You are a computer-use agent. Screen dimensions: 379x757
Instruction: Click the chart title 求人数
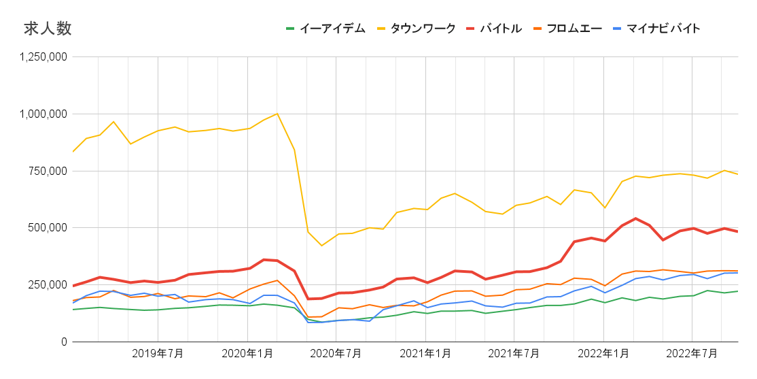pyautogui.click(x=48, y=29)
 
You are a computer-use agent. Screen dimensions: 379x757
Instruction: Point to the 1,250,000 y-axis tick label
pyautogui.click(x=43, y=57)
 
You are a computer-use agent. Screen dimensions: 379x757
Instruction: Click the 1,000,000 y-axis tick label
pyautogui.click(x=43, y=114)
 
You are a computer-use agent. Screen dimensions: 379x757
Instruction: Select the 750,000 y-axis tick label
pyautogui.click(x=48, y=171)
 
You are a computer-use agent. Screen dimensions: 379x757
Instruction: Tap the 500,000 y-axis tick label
pyautogui.click(x=48, y=227)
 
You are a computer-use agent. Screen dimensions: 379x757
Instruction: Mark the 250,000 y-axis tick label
pyautogui.click(x=48, y=284)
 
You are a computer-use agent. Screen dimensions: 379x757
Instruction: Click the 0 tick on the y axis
pyautogui.click(x=63, y=342)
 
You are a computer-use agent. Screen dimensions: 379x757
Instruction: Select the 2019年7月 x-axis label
pyautogui.click(x=158, y=353)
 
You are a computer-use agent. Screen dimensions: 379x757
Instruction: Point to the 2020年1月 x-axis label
pyautogui.click(x=247, y=353)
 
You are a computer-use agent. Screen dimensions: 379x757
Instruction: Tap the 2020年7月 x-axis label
pyautogui.click(x=336, y=353)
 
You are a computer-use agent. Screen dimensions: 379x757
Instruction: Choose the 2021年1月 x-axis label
pyautogui.click(x=425, y=353)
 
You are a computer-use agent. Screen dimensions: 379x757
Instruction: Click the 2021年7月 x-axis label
pyautogui.click(x=514, y=353)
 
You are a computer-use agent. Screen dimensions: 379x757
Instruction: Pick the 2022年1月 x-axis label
pyautogui.click(x=603, y=353)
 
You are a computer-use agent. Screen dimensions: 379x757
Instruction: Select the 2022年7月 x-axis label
pyautogui.click(x=692, y=353)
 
